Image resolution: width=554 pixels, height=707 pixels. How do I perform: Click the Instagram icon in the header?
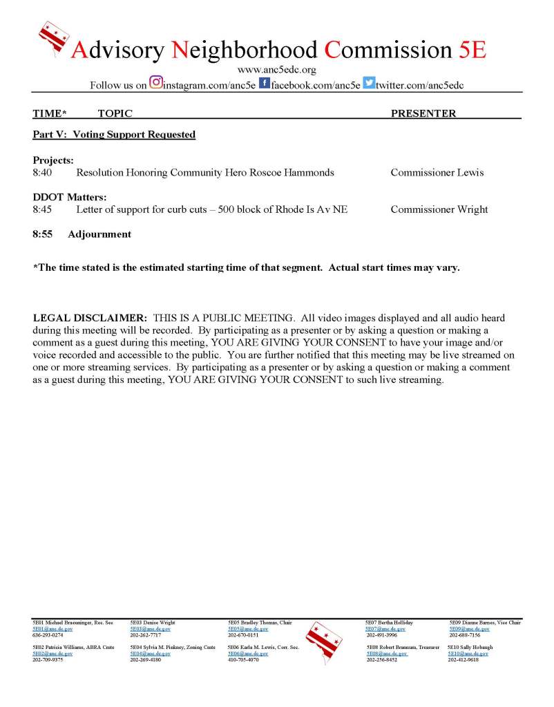pyautogui.click(x=156, y=84)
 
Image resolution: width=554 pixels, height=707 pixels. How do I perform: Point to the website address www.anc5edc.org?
pyautogui.click(x=276, y=70)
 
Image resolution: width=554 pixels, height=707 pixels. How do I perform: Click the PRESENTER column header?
pyautogui.click(x=423, y=113)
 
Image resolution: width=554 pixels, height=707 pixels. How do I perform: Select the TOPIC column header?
pyautogui.click(x=115, y=113)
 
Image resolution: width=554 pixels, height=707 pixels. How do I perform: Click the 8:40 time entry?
pyautogui.click(x=42, y=172)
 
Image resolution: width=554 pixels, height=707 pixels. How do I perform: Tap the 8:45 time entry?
pyautogui.click(x=42, y=209)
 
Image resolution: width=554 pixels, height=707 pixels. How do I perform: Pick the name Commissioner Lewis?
pyautogui.click(x=437, y=172)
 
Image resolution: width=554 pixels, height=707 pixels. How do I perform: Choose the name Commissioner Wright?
pyautogui.click(x=439, y=209)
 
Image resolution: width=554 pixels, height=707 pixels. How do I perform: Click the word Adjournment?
pyautogui.click(x=99, y=234)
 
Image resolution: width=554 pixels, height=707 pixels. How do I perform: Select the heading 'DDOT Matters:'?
pyautogui.click(x=70, y=198)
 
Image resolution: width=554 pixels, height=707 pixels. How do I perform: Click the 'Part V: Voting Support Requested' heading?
pyautogui.click(x=114, y=134)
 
